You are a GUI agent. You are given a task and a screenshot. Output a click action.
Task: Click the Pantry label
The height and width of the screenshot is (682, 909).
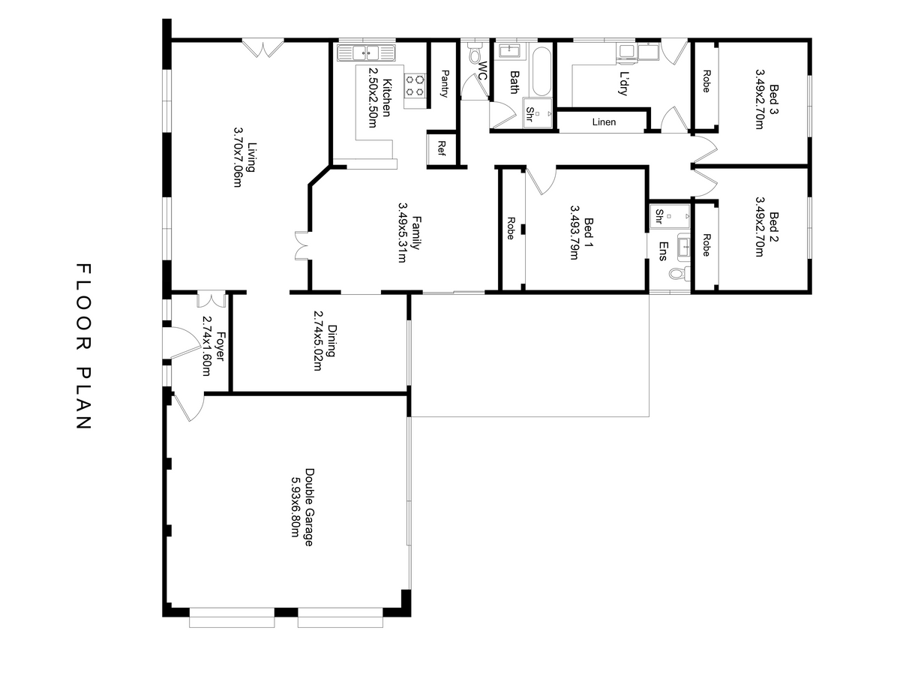point(445,83)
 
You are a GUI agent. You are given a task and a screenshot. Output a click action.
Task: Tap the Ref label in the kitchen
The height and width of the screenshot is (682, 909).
point(442,148)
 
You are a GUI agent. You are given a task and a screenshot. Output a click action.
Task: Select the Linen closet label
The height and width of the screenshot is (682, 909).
point(604,122)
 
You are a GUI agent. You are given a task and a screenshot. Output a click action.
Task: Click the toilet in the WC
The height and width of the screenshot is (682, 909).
point(475,53)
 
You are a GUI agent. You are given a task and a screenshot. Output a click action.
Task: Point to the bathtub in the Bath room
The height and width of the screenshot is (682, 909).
point(541,71)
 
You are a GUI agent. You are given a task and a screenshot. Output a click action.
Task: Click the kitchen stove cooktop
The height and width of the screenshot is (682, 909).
point(415,86)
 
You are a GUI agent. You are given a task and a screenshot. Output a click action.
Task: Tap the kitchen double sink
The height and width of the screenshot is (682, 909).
point(366,53)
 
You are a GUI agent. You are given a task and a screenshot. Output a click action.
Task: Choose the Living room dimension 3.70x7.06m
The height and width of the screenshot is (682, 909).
point(238,157)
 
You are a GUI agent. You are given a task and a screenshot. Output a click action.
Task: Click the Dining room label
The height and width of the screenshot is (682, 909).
point(332,341)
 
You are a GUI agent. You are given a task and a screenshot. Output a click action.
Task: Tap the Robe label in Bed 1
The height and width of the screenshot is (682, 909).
point(511,228)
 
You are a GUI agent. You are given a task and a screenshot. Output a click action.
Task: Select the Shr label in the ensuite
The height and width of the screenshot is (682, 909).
point(659,217)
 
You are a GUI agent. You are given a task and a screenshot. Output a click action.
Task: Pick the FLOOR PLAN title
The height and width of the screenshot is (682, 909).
point(84,346)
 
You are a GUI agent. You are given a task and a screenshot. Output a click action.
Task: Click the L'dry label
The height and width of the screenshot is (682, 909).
point(623,83)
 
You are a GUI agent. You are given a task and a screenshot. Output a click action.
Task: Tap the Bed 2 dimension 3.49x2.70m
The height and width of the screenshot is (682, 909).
point(759,227)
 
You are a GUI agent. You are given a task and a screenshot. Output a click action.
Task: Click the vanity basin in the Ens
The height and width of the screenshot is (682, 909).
point(684,247)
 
